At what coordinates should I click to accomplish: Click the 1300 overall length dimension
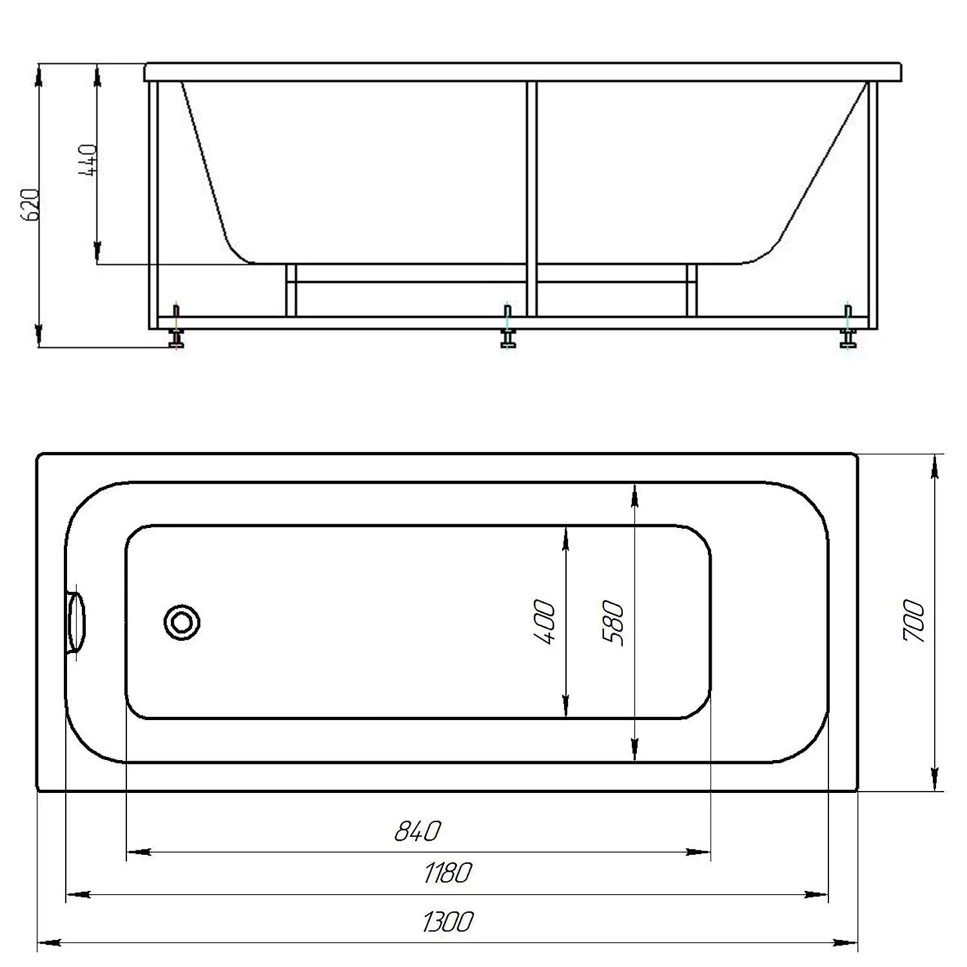pyautogui.click(x=448, y=921)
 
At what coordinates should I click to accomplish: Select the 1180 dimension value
pyautogui.click(x=448, y=873)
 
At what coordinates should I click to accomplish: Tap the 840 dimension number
pyautogui.click(x=417, y=831)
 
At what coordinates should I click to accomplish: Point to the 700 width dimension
pyautogui.click(x=913, y=621)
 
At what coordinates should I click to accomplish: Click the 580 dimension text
pyautogui.click(x=613, y=623)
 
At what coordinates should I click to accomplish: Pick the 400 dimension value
pyautogui.click(x=544, y=622)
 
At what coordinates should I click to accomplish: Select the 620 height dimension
pyautogui.click(x=30, y=205)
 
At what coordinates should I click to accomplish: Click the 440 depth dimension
pyautogui.click(x=88, y=161)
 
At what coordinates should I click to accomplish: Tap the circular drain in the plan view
pyautogui.click(x=182, y=622)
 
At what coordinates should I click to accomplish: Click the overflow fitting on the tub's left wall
pyautogui.click(x=77, y=622)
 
